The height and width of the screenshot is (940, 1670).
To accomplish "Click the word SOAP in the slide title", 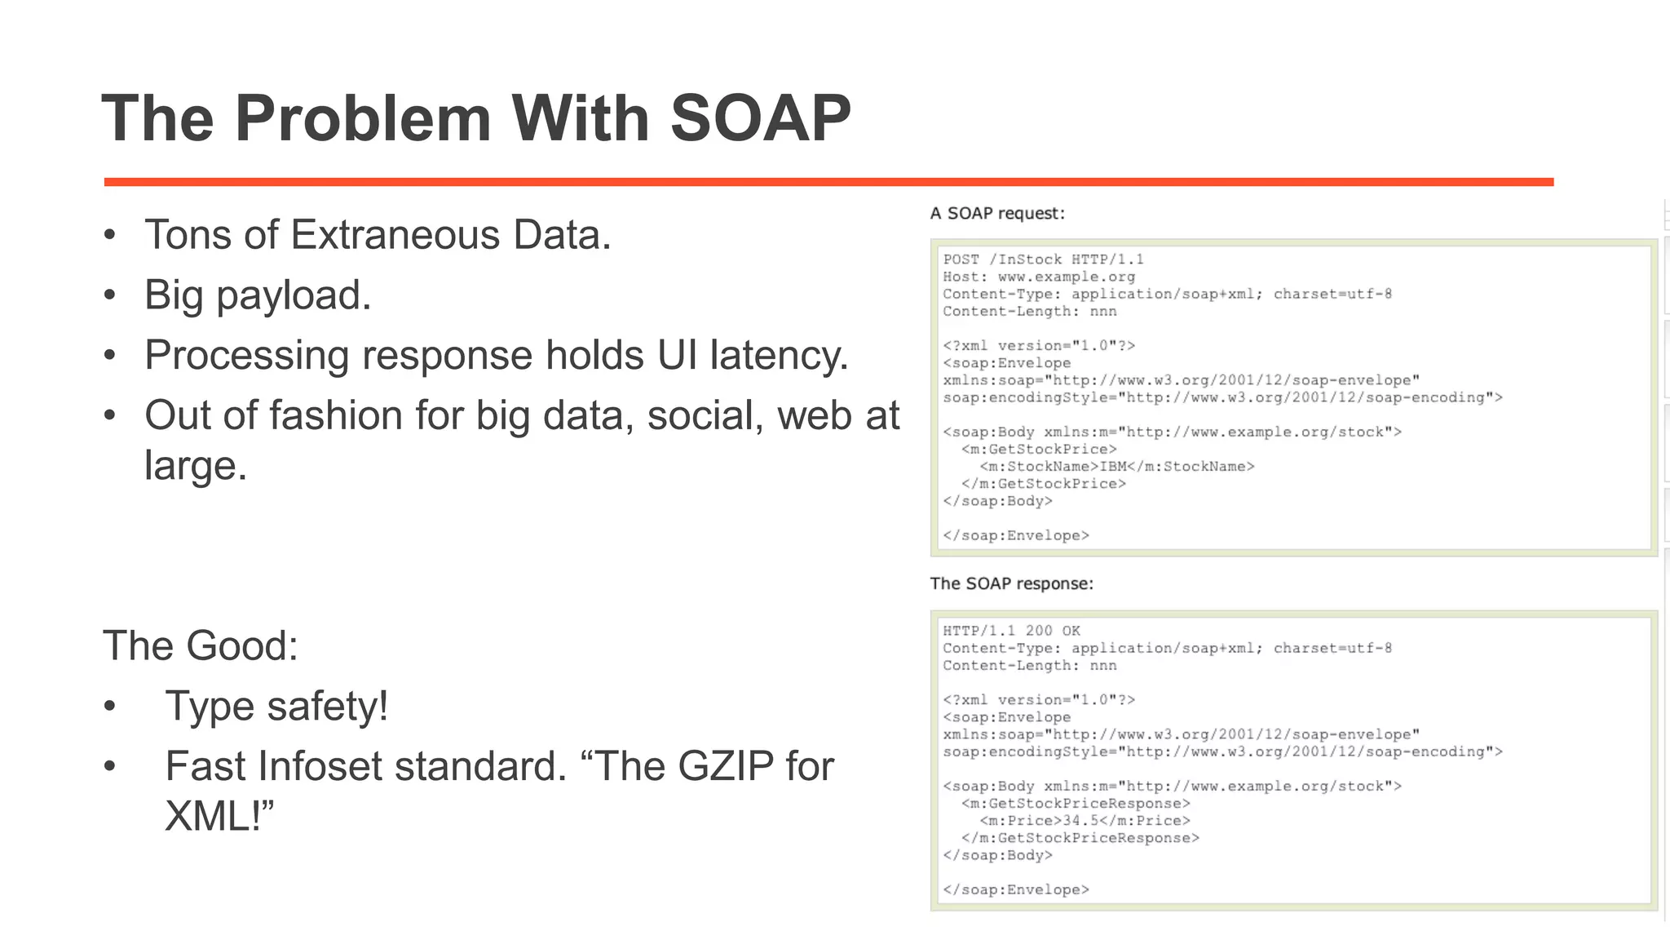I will coord(760,119).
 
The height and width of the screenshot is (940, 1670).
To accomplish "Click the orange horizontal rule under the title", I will coord(828,182).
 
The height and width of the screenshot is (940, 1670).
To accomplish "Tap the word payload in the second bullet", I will coord(293,295).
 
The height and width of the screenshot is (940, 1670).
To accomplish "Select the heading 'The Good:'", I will coord(201,646).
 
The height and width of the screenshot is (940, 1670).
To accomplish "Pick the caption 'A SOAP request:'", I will coord(997,214).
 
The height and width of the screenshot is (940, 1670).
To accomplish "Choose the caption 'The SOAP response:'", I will coord(1011,584).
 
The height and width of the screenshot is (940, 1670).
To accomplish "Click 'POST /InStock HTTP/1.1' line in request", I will coord(1043,259).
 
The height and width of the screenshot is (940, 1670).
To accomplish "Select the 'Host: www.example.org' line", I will coord(1038,277).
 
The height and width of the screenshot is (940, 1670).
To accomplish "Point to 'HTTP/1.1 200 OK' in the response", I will coord(1011,631).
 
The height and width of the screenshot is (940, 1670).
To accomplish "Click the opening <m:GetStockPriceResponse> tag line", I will coord(1076,804).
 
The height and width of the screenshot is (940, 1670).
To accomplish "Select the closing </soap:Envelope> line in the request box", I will coord(1015,536).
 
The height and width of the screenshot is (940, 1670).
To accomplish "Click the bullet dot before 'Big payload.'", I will coord(110,295).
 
